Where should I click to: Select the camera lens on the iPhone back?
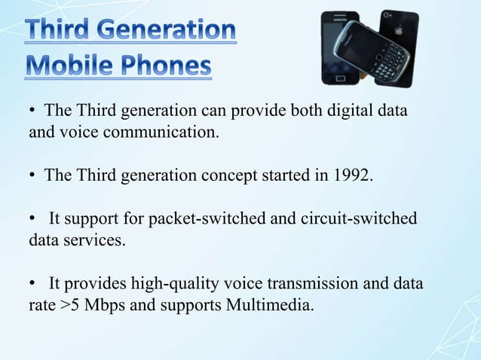386,14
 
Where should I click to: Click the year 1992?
351,175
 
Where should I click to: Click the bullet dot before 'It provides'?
33,284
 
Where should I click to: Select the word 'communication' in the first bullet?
166,133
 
